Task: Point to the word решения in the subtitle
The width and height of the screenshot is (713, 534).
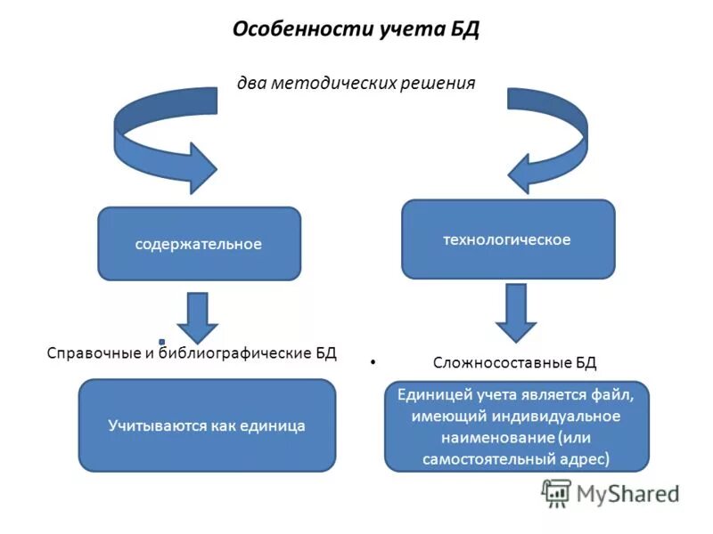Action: (x=438, y=83)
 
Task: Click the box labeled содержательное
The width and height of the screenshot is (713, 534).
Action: (x=199, y=243)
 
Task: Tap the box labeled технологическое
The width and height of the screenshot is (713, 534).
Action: (x=507, y=239)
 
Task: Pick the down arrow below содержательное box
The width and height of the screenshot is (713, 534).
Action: (x=199, y=316)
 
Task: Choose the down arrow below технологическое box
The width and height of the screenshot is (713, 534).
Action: (x=516, y=313)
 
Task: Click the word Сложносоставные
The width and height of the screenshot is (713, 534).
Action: (x=489, y=362)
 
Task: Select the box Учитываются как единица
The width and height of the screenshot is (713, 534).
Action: (x=207, y=425)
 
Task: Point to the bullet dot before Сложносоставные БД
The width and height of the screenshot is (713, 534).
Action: (x=373, y=362)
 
